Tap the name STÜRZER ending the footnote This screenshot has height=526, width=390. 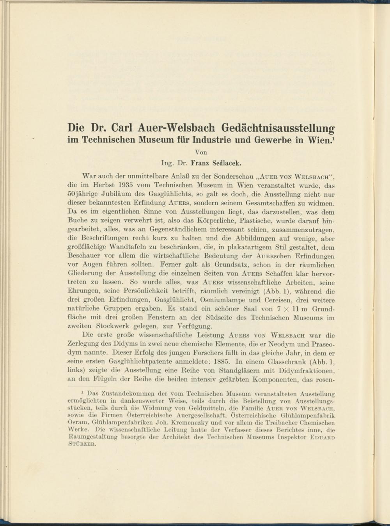click(82, 444)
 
